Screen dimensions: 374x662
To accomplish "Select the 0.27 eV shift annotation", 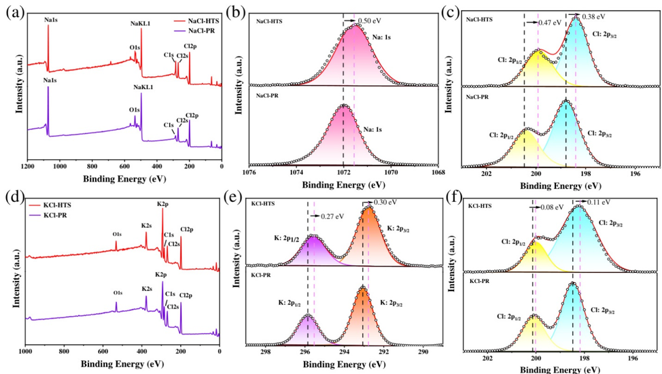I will point(331,217).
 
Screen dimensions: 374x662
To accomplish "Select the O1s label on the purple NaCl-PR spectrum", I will point(135,109).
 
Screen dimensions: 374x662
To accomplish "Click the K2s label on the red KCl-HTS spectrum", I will point(146,225).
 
